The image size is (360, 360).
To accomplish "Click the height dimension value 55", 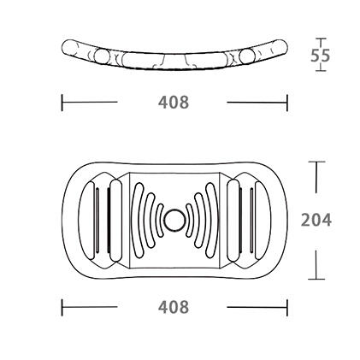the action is tap(320, 56).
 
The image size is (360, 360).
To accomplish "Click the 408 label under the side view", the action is tap(174, 102).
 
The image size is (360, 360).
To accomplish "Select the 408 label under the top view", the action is tap(174, 307).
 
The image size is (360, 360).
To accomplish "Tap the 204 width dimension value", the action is tap(316, 220).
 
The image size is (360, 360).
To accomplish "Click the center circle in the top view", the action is tap(174, 221).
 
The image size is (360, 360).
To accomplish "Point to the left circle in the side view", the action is tap(102, 56).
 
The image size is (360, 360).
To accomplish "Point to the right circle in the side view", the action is tap(247, 56).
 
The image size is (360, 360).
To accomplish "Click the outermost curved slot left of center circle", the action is tap(137, 220).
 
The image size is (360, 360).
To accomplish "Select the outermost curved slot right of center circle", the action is tap(213, 220).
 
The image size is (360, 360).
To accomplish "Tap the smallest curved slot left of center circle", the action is tap(158, 220).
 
